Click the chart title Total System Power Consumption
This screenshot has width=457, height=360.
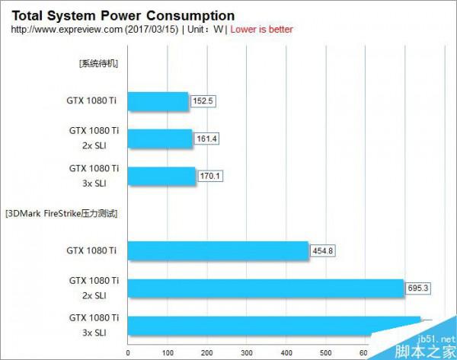(x=122, y=15)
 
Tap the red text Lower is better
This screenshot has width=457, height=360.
(x=261, y=29)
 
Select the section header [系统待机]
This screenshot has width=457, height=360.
(x=98, y=63)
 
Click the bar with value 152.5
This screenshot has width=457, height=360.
(x=158, y=101)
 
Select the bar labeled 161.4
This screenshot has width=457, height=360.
(x=161, y=138)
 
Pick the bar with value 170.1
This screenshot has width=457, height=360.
(x=162, y=175)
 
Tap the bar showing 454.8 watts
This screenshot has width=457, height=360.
(x=218, y=250)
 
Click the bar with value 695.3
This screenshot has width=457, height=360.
(x=265, y=288)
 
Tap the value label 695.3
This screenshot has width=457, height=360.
(x=419, y=288)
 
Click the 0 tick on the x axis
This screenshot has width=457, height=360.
(x=127, y=352)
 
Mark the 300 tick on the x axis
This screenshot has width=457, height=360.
(x=246, y=352)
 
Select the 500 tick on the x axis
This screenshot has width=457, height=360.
(x=325, y=352)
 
